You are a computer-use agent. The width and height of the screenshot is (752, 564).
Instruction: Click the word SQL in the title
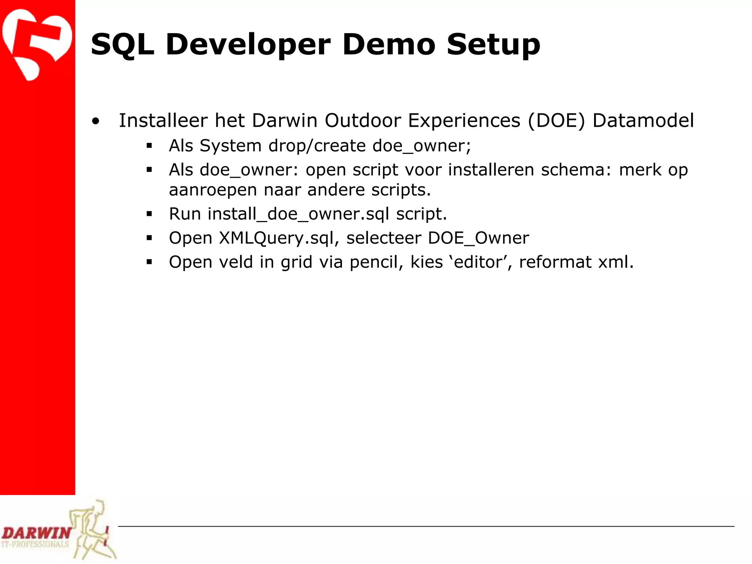point(122,44)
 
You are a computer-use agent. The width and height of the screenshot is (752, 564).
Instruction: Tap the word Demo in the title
point(389,44)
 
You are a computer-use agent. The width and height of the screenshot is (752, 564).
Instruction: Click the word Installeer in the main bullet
point(163,120)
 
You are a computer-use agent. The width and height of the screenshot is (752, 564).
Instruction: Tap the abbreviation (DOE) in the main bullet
point(556,120)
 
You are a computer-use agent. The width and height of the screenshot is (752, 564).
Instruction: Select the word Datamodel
point(643,120)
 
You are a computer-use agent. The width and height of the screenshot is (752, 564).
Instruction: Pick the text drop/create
point(317,146)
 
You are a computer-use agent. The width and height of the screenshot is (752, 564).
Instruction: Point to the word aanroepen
point(213,190)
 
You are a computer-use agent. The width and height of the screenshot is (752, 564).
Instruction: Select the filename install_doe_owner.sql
point(298,214)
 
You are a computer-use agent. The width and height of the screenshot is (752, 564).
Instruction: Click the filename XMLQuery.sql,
point(279,238)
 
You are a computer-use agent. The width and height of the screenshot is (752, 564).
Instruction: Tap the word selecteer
point(383,238)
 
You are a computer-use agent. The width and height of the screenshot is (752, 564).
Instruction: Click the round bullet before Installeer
point(96,121)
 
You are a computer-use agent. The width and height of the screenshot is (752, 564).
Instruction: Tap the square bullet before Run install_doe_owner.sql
point(149,214)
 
